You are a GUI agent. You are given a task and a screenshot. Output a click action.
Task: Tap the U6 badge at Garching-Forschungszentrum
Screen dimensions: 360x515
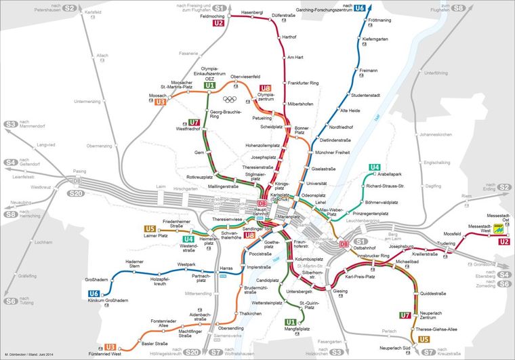tap(360, 9)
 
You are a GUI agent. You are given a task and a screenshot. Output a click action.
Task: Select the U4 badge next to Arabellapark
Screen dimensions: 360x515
tap(374, 167)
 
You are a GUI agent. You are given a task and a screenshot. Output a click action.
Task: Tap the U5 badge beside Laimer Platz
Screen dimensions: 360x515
tap(150, 228)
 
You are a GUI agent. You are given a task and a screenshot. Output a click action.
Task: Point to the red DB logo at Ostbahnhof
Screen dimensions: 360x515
tap(344, 243)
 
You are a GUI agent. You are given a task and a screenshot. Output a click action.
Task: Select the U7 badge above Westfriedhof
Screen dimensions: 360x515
tap(194, 122)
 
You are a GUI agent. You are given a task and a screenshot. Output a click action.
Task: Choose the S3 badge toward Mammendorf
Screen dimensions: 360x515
tap(11, 125)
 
